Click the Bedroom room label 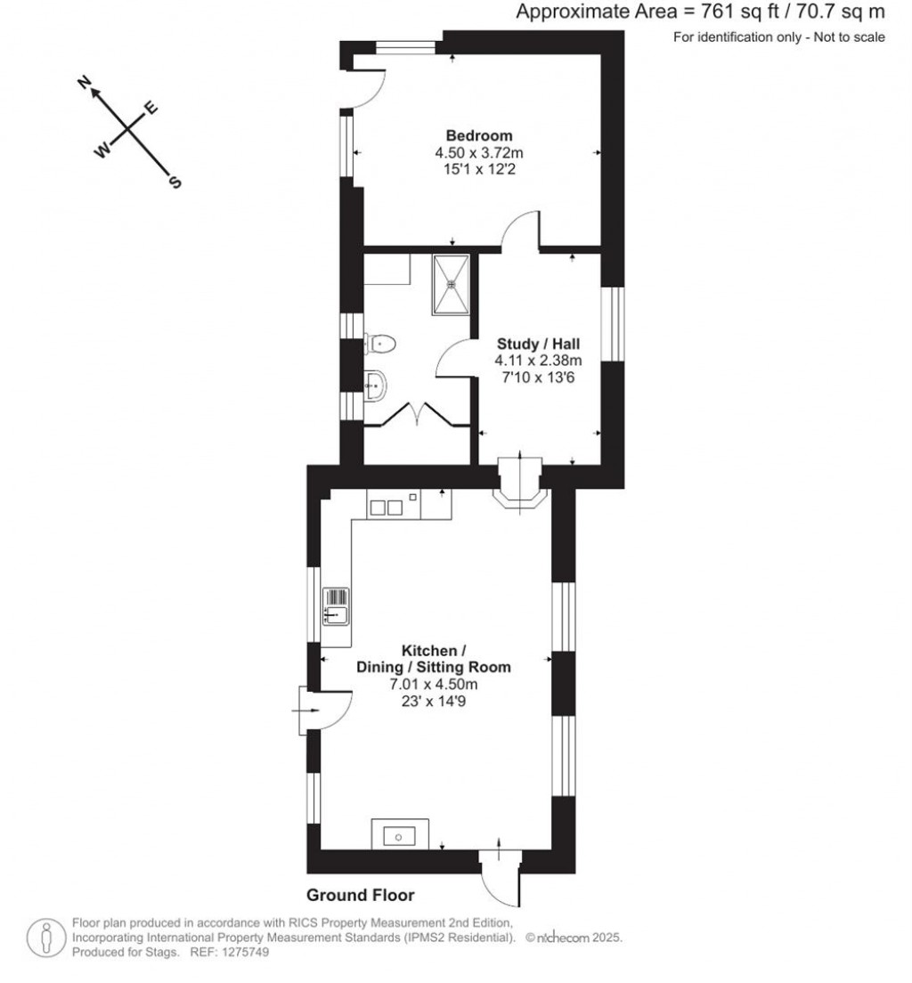(x=479, y=136)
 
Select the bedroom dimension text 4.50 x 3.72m (x=479, y=153)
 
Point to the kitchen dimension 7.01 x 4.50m (x=434, y=684)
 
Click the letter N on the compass (x=86, y=84)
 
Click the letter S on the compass (x=175, y=183)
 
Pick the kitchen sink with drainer (x=337, y=605)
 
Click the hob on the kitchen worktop (x=387, y=508)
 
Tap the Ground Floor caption (x=361, y=895)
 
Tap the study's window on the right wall (x=614, y=323)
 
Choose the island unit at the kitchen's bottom (x=399, y=834)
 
